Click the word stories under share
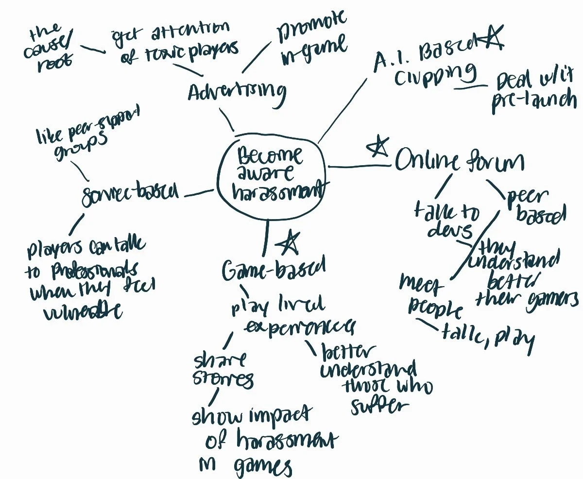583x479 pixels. pyautogui.click(x=223, y=379)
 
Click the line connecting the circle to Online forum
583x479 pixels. pyautogui.click(x=360, y=167)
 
